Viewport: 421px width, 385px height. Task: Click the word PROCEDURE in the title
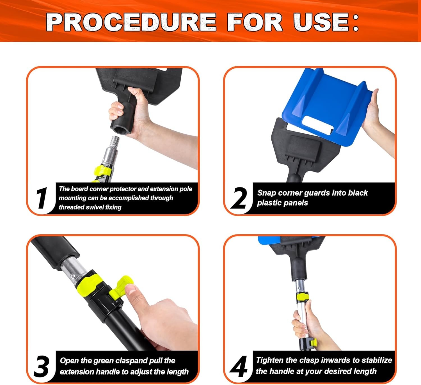131,22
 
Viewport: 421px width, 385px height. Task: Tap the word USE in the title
321,22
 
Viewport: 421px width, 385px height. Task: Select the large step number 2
239,198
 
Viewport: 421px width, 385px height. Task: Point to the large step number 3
42,366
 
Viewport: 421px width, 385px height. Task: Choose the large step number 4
238,366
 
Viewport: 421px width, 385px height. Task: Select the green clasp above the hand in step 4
303,297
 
